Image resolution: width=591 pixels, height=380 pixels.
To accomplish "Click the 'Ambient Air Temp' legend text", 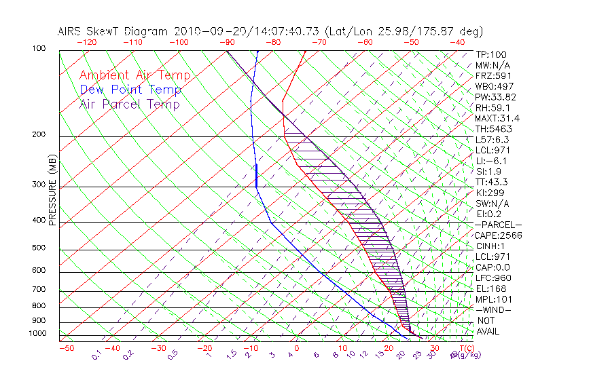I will (x=135, y=75).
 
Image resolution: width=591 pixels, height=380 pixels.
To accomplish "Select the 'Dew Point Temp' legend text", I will (x=130, y=90).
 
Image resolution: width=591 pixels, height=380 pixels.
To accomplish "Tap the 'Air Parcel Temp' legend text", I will (x=129, y=104).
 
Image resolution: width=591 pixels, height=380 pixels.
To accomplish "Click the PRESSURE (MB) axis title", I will (x=53, y=191).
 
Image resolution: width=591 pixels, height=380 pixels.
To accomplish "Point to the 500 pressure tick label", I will (x=39, y=248).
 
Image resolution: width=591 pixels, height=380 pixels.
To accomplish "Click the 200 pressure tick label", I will (x=39, y=135).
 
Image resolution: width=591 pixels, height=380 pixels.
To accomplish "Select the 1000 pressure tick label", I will (x=37, y=334).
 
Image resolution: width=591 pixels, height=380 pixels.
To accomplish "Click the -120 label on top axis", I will (x=86, y=42).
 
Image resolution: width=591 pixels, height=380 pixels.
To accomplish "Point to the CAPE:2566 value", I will (x=497, y=235).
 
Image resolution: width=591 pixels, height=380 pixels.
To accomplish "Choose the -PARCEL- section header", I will (x=499, y=225).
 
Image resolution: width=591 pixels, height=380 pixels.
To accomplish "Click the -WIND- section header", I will (x=495, y=309).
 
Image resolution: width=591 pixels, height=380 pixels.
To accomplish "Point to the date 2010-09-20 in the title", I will (x=204, y=31).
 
